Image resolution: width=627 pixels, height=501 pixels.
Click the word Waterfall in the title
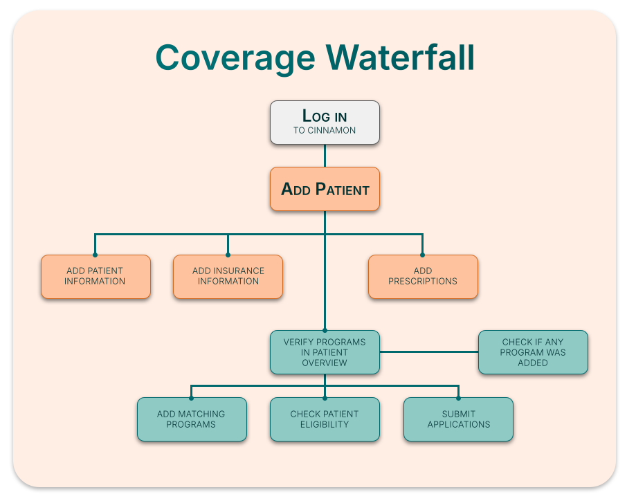tap(400, 57)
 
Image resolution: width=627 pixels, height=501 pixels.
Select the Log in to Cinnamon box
tap(325, 122)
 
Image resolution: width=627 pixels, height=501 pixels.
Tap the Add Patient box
tap(325, 189)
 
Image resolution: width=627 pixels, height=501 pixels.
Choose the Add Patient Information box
tap(96, 276)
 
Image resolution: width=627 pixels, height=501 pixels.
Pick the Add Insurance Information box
tap(228, 276)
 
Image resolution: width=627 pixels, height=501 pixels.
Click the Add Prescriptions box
tap(423, 276)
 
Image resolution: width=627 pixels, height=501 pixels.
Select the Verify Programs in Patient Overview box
tap(325, 352)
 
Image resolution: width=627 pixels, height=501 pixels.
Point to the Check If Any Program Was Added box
tap(533, 352)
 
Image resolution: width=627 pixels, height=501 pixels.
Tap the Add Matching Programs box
tap(192, 419)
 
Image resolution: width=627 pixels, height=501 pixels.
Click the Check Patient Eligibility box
tap(325, 419)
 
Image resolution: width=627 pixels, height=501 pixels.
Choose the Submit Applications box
tap(458, 419)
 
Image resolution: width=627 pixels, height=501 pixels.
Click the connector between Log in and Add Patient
tap(325, 156)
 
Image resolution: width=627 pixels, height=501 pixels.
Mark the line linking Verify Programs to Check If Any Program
tap(429, 352)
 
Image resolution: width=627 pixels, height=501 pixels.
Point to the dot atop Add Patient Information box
tap(96, 255)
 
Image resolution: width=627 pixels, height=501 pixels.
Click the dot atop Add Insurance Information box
tap(228, 255)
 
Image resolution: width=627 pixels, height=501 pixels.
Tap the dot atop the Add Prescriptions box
tap(423, 255)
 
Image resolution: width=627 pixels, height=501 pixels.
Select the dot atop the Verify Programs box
tap(325, 330)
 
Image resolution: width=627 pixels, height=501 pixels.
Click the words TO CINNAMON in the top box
tap(325, 130)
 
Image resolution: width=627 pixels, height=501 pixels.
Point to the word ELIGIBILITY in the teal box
tap(325, 424)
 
